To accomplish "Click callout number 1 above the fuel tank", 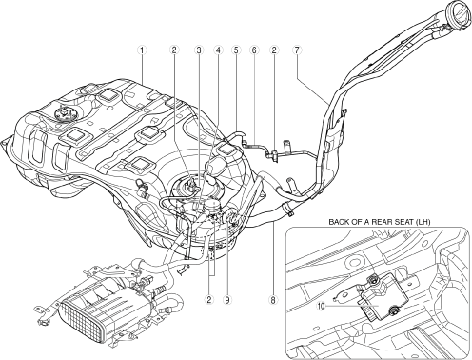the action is [x=142, y=50].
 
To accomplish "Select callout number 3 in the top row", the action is [x=199, y=50].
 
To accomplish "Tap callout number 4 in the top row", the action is [x=218, y=50].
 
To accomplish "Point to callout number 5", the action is [x=236, y=50].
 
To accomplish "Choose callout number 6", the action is [x=254, y=50].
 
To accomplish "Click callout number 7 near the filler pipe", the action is [x=297, y=50].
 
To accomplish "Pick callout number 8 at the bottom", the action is [x=273, y=299].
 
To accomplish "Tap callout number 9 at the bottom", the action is [x=227, y=299].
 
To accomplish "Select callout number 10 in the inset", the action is [x=322, y=307].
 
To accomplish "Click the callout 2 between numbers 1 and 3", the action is [x=174, y=50].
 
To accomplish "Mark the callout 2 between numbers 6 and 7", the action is [x=274, y=50].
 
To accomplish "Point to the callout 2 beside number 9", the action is [x=208, y=299].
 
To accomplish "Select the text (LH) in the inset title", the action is [x=423, y=222].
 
